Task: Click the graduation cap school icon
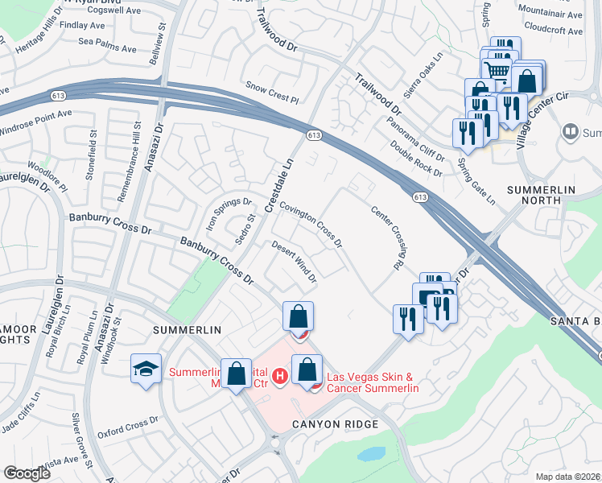pos(146,369)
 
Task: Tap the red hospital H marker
pos(279,376)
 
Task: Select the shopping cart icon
pos(498,70)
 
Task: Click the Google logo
pos(27,473)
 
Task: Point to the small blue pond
pos(371,454)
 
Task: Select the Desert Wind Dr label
pos(294,262)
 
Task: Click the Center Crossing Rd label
pos(387,237)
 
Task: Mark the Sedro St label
pos(245,229)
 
